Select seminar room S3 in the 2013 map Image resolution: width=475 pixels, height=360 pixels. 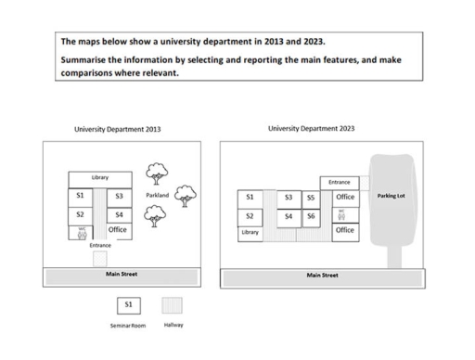tap(119, 197)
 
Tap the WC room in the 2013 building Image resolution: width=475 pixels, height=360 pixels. tap(81, 232)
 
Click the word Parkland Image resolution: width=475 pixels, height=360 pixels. tap(158, 196)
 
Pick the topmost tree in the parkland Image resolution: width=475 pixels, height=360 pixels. tap(156, 174)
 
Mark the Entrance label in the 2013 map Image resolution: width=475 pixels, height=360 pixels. tap(100, 246)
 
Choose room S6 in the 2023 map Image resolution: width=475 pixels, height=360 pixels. tap(311, 215)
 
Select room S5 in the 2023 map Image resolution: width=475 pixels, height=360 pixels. tap(311, 198)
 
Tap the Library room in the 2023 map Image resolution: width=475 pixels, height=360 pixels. tap(249, 233)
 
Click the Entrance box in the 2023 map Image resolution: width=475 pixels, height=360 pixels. tap(339, 183)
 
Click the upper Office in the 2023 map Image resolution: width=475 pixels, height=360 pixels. tap(345, 198)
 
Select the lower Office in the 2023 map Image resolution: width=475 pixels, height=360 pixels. tap(345, 229)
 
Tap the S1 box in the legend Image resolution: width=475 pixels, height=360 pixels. tap(129, 305)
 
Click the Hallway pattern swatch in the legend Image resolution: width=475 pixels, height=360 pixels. tap(173, 305)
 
